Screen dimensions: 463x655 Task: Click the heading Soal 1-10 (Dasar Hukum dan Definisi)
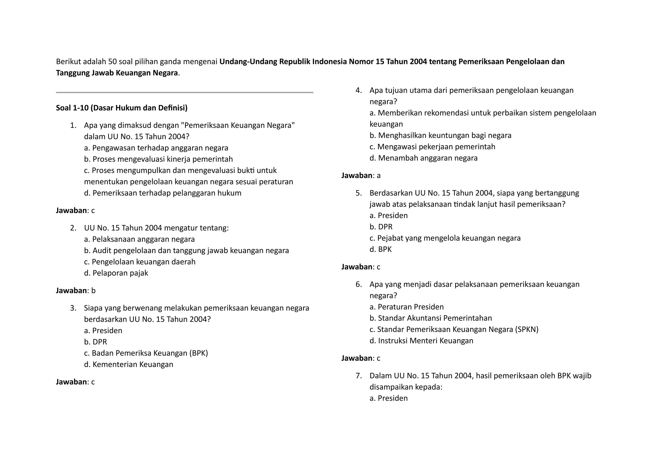pos(122,108)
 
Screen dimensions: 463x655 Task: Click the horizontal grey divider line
pos(185,92)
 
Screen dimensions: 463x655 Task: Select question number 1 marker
pos(73,125)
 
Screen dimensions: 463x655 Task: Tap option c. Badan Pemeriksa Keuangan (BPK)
pos(146,353)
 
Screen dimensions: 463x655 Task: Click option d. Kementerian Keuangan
pos(129,364)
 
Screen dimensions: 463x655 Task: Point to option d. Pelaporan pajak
pos(116,273)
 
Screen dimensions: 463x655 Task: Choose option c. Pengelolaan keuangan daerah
pos(140,262)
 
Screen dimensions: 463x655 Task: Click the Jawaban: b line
pos(76,291)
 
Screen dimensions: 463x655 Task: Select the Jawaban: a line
pos(361,176)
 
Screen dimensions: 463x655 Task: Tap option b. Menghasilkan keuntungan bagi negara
pos(440,136)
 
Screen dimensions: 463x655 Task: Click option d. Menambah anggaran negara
pos(423,158)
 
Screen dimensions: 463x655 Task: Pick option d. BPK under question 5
pos(381,249)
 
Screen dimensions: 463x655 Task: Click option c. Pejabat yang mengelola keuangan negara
pos(445,238)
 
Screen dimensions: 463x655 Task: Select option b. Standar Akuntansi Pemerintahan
pos(430,318)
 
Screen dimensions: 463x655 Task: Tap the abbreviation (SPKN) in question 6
pos(527,329)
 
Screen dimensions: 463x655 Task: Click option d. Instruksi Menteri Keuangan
pos(421,341)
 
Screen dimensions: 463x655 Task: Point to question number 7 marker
pos(359,376)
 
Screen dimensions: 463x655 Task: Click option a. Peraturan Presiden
pos(406,307)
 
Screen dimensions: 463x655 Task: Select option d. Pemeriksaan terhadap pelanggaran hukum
pos(162,193)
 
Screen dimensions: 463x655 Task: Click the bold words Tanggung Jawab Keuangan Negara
pos(117,73)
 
